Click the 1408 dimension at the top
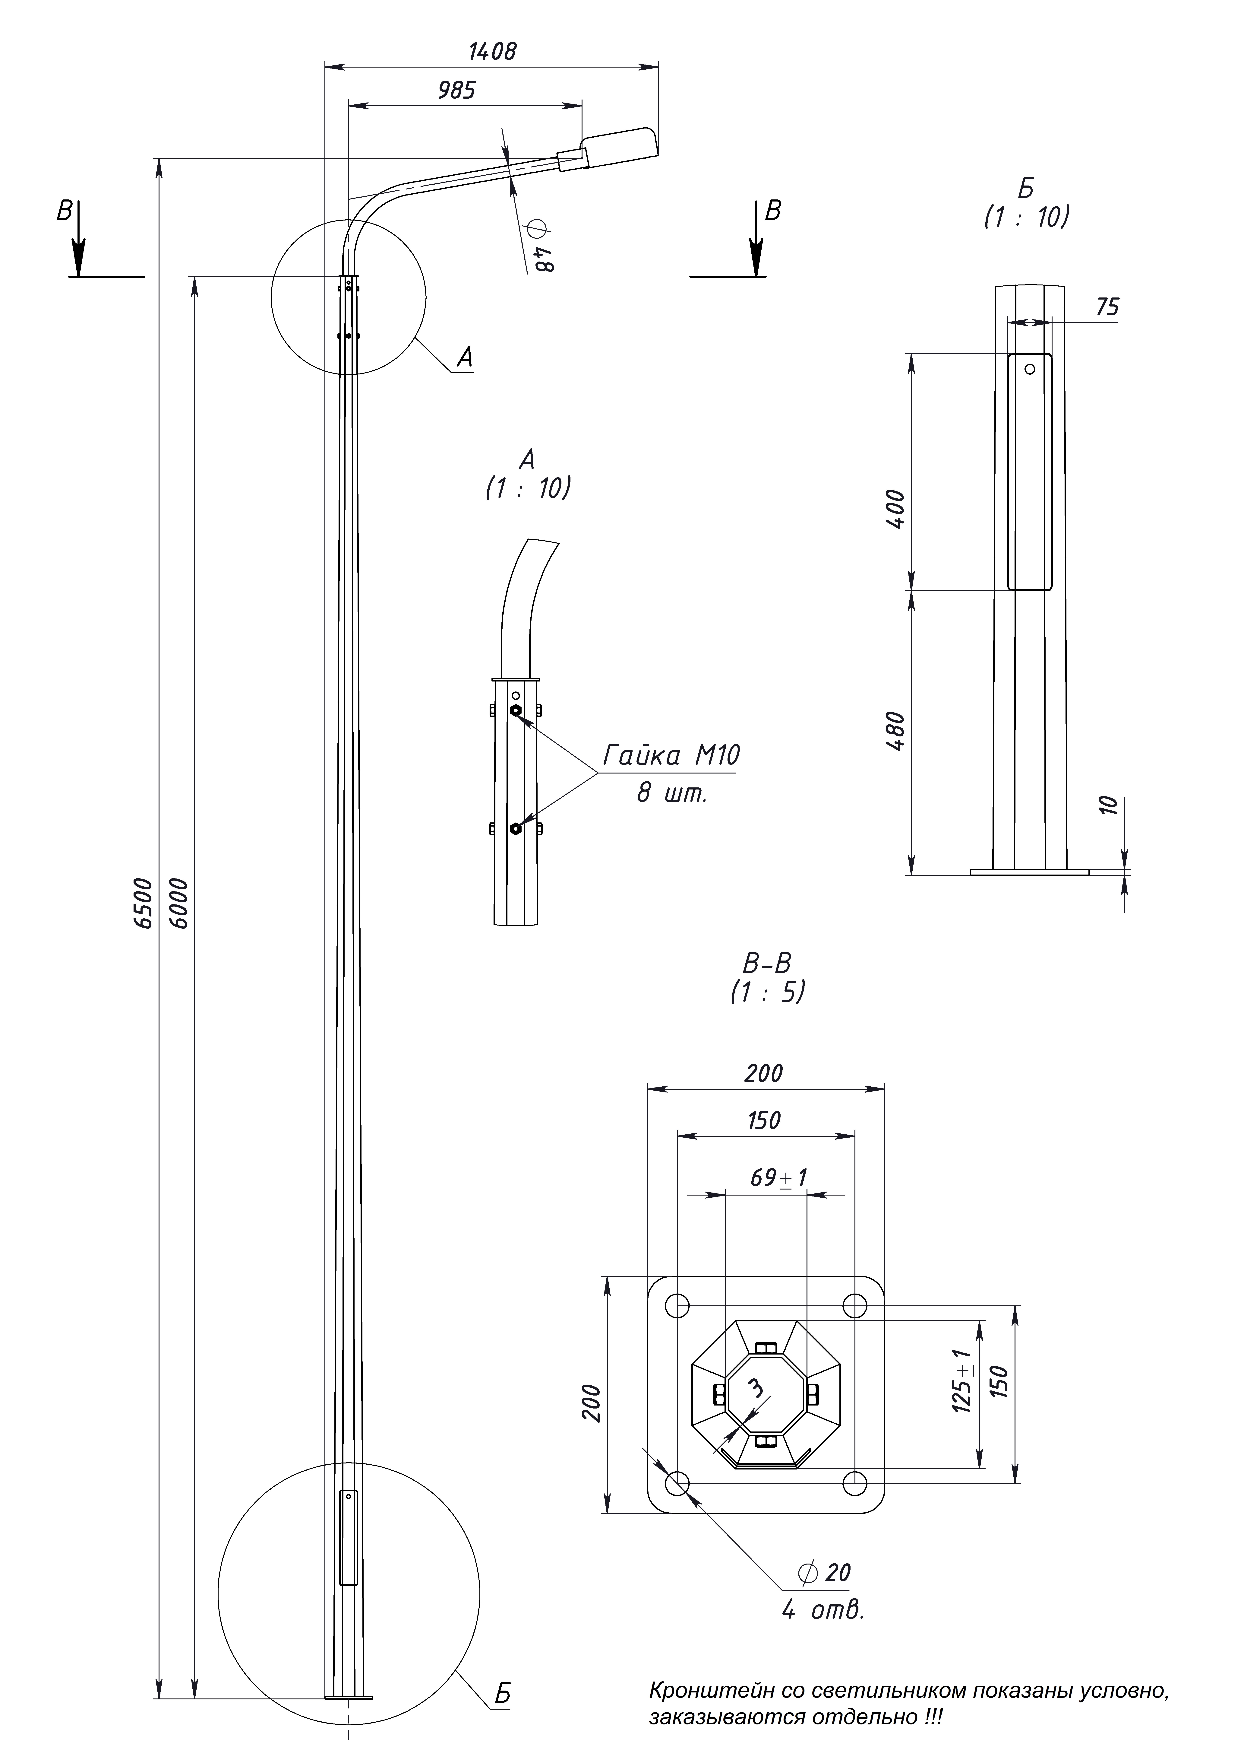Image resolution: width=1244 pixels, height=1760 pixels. (492, 51)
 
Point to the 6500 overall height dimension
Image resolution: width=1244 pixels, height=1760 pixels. (143, 904)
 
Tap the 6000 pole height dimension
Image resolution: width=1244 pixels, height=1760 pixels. (179, 904)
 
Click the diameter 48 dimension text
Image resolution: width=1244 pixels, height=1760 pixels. (540, 247)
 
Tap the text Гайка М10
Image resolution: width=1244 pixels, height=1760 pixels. (671, 756)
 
